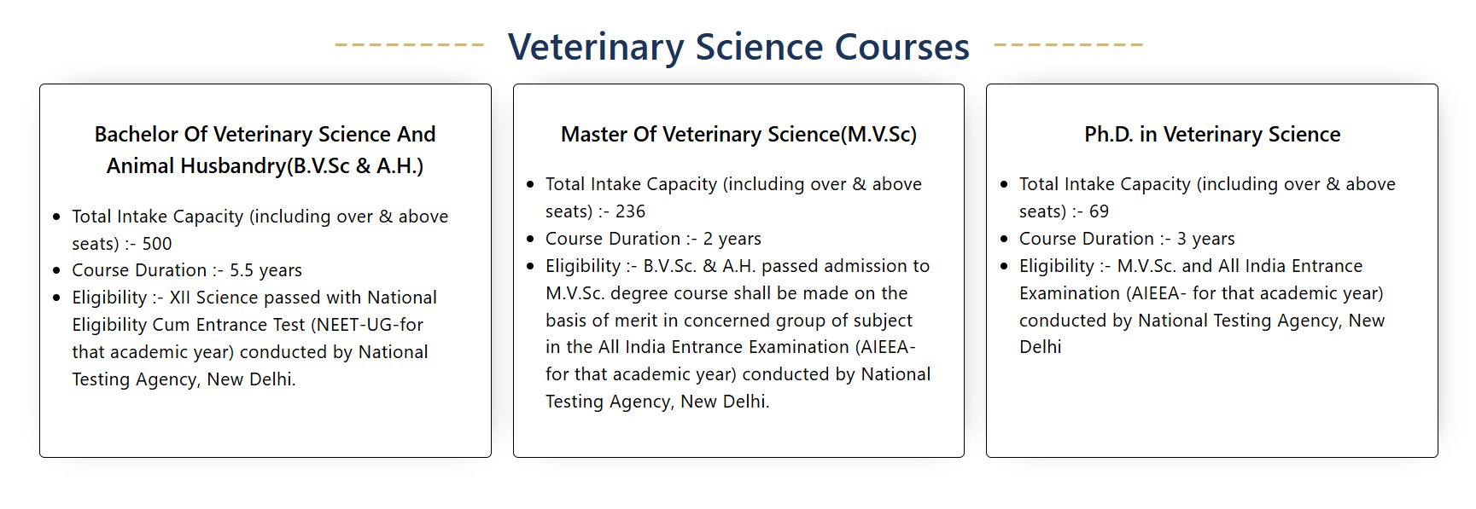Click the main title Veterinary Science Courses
click(x=738, y=47)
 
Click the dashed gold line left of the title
click(x=410, y=44)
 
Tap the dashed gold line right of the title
click(x=1068, y=44)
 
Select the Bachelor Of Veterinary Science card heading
click(x=265, y=150)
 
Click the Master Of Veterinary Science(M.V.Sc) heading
click(x=738, y=135)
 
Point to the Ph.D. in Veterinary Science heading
click(x=1212, y=135)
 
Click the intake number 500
click(x=157, y=244)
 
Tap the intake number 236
click(x=630, y=211)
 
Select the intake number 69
click(x=1099, y=211)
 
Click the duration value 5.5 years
click(x=265, y=270)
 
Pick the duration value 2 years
click(x=732, y=239)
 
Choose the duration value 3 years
click(x=1205, y=239)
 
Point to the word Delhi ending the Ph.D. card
click(x=1041, y=347)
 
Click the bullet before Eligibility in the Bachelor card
click(x=56, y=298)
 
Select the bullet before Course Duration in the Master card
click(x=530, y=239)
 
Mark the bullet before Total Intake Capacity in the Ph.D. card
click(x=1004, y=184)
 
